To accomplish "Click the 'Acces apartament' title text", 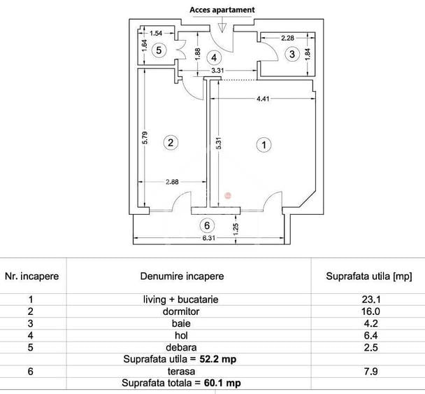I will point(222,10).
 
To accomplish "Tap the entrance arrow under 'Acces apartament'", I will point(222,26).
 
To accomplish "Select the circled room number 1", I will point(264,145).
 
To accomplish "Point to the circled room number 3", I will point(293,53).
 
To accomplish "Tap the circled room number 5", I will point(159,50).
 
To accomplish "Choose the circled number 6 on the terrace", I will point(206,225).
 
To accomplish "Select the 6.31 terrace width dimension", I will point(209,239).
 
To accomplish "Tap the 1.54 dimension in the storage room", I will point(156,33).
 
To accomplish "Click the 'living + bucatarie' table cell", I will point(180,299).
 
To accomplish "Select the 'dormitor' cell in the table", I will point(180,311).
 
